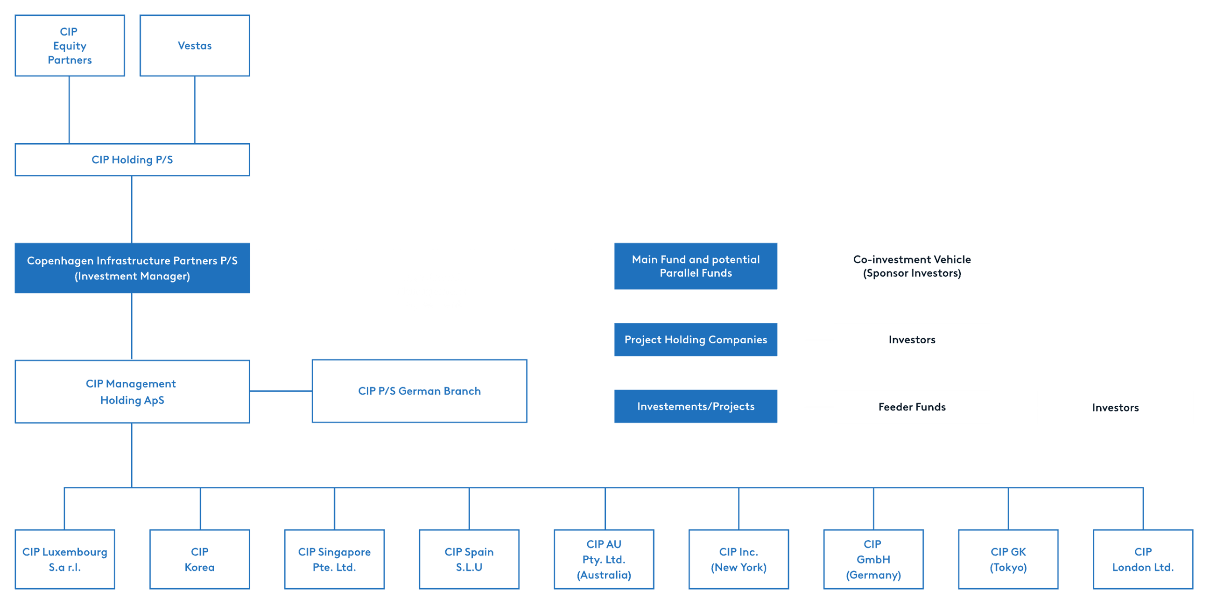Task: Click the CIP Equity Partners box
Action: (x=70, y=46)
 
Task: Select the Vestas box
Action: (x=195, y=46)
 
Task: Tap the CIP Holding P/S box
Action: (x=132, y=160)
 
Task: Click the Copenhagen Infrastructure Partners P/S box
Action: (x=132, y=268)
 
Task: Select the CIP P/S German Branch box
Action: (x=419, y=391)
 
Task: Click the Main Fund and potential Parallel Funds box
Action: (x=695, y=266)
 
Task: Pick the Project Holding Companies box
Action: (x=695, y=339)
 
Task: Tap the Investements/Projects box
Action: (x=695, y=406)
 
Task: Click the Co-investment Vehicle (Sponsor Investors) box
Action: (x=912, y=266)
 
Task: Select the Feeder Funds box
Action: (x=912, y=407)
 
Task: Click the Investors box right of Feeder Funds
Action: (x=1115, y=407)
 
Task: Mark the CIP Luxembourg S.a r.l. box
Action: (x=65, y=559)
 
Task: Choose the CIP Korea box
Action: (x=200, y=559)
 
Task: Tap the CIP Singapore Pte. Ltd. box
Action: (x=334, y=559)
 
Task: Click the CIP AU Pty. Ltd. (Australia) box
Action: (x=604, y=559)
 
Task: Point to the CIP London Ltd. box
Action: (x=1142, y=559)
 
